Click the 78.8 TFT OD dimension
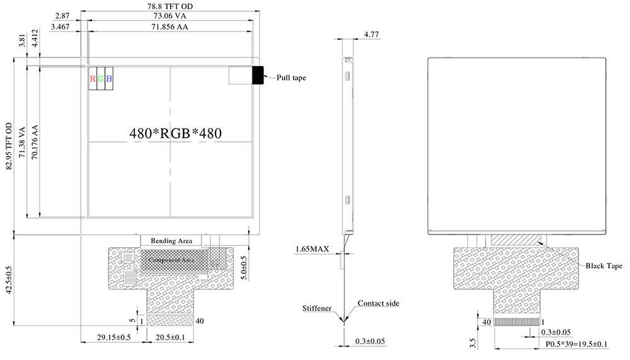(x=171, y=6)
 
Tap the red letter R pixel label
(x=93, y=79)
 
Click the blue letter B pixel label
(x=109, y=79)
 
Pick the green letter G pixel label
(x=101, y=79)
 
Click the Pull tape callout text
(x=291, y=78)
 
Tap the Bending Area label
(x=170, y=240)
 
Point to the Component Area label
(x=170, y=259)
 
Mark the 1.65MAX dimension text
(x=312, y=250)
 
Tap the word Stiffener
(x=318, y=310)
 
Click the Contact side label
(x=379, y=303)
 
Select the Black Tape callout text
(x=604, y=266)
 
